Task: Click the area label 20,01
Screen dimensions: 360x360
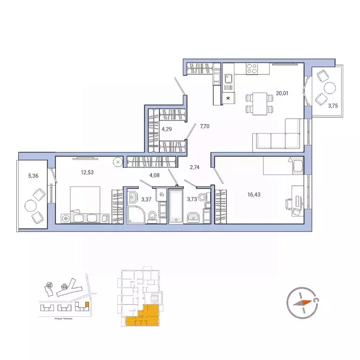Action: point(282,93)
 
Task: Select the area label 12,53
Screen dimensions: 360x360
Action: point(87,172)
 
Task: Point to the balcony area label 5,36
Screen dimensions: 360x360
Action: point(34,176)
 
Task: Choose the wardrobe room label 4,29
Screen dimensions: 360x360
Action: point(166,128)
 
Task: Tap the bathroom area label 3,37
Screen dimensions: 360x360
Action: point(146,199)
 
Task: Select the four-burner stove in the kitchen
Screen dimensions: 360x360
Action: point(251,69)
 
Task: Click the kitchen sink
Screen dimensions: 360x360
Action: point(229,83)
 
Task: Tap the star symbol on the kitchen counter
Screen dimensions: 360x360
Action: point(229,98)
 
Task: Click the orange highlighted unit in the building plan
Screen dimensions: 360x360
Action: point(143,315)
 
